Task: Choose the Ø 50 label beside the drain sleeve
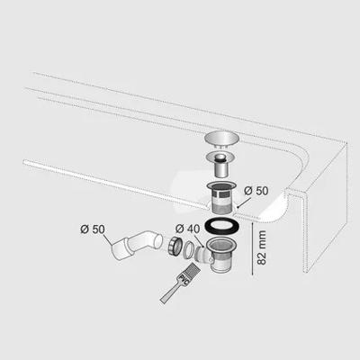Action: click(x=256, y=192)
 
